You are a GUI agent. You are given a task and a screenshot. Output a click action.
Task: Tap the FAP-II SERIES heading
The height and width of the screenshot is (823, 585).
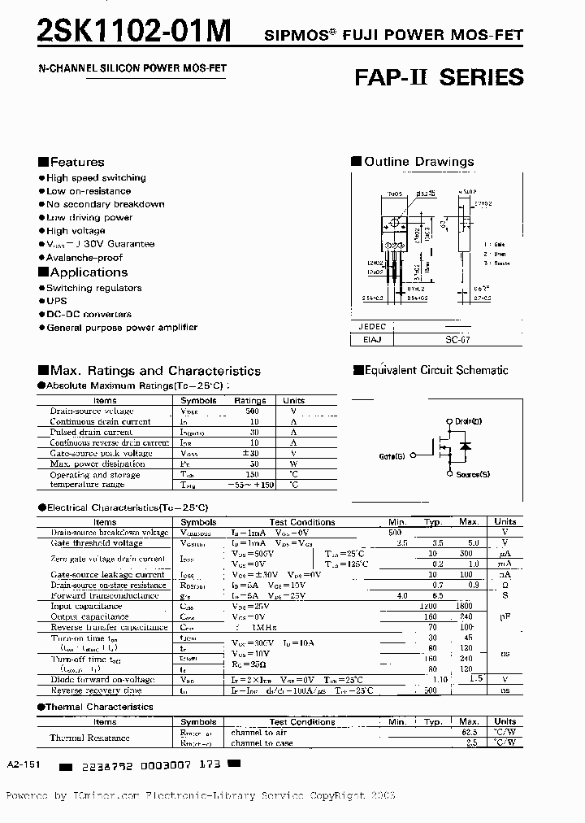pyautogui.click(x=439, y=78)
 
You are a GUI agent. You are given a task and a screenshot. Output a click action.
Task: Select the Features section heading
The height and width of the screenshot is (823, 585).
pyautogui.click(x=76, y=162)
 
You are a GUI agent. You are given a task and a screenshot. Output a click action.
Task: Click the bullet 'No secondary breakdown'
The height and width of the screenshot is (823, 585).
pyautogui.click(x=105, y=204)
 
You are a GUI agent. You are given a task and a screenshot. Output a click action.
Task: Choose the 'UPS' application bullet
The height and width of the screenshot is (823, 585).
pyautogui.click(x=56, y=301)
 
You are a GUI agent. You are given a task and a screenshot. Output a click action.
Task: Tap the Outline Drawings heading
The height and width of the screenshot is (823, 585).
pyautogui.click(x=418, y=162)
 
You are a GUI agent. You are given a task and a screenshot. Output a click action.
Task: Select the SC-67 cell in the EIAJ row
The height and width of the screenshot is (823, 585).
pyautogui.click(x=457, y=341)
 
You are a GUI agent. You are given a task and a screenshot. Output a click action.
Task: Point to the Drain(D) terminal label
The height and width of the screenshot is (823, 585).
pyautogui.click(x=468, y=421)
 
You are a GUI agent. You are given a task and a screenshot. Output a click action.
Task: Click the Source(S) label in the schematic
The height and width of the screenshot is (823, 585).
pyautogui.click(x=472, y=474)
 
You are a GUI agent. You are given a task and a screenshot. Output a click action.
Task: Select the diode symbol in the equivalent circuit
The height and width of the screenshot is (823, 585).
pyautogui.click(x=465, y=446)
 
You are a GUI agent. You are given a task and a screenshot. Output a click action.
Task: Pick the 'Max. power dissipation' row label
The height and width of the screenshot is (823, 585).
pyautogui.click(x=97, y=464)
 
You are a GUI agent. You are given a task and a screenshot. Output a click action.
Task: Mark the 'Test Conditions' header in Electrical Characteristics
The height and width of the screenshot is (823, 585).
pyautogui.click(x=301, y=522)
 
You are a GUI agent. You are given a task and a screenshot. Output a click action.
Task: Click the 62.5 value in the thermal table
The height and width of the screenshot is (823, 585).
pyautogui.click(x=469, y=732)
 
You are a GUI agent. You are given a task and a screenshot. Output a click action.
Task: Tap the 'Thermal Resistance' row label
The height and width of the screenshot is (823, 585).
pyautogui.click(x=89, y=738)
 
